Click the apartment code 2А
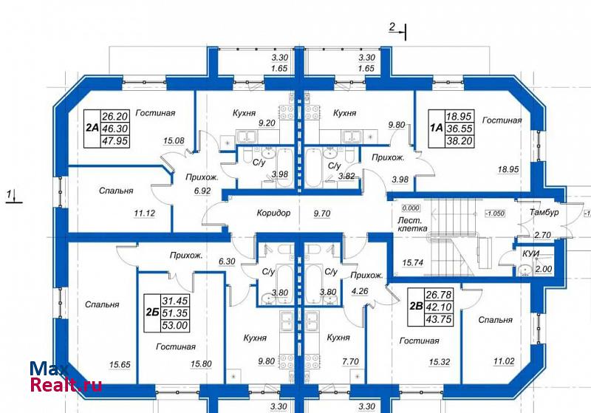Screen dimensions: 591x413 92,129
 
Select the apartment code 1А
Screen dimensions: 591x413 436,128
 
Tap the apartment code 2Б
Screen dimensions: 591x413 151,313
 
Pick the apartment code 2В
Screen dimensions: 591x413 416,307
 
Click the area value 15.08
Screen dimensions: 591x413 174,141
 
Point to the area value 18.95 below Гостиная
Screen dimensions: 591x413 508,170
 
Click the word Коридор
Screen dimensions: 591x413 273,213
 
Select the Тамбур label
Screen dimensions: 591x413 544,212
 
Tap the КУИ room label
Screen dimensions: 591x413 530,254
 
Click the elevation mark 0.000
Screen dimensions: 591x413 411,208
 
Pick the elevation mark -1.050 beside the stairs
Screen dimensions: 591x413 495,214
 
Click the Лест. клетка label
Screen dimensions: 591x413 412,224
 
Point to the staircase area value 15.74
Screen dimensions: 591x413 413,262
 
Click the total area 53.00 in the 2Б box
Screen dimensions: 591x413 175,325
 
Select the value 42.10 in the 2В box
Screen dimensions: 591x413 438,307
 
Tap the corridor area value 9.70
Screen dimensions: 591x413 322,214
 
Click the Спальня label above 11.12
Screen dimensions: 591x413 116,191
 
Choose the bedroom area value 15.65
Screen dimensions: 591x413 120,365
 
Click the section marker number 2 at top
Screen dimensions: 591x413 392,27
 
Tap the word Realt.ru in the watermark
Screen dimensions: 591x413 66,384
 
